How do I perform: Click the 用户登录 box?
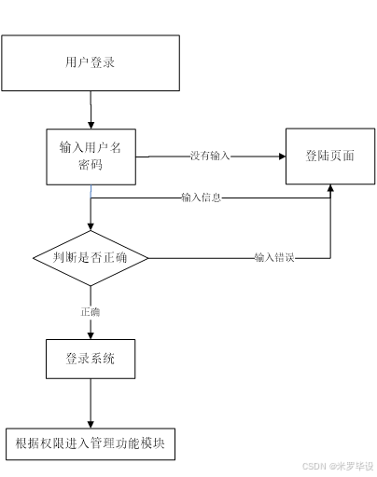(x=90, y=63)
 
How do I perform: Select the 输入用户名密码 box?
(x=91, y=156)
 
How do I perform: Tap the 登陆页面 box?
(x=329, y=156)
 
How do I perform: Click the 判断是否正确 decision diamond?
(x=91, y=258)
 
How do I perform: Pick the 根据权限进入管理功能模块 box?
(x=91, y=443)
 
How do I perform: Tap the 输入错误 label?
(x=274, y=258)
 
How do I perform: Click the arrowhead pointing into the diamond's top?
(x=91, y=225)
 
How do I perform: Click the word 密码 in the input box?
(x=91, y=166)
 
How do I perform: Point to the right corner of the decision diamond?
(x=147, y=258)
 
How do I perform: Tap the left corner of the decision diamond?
(x=34, y=258)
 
